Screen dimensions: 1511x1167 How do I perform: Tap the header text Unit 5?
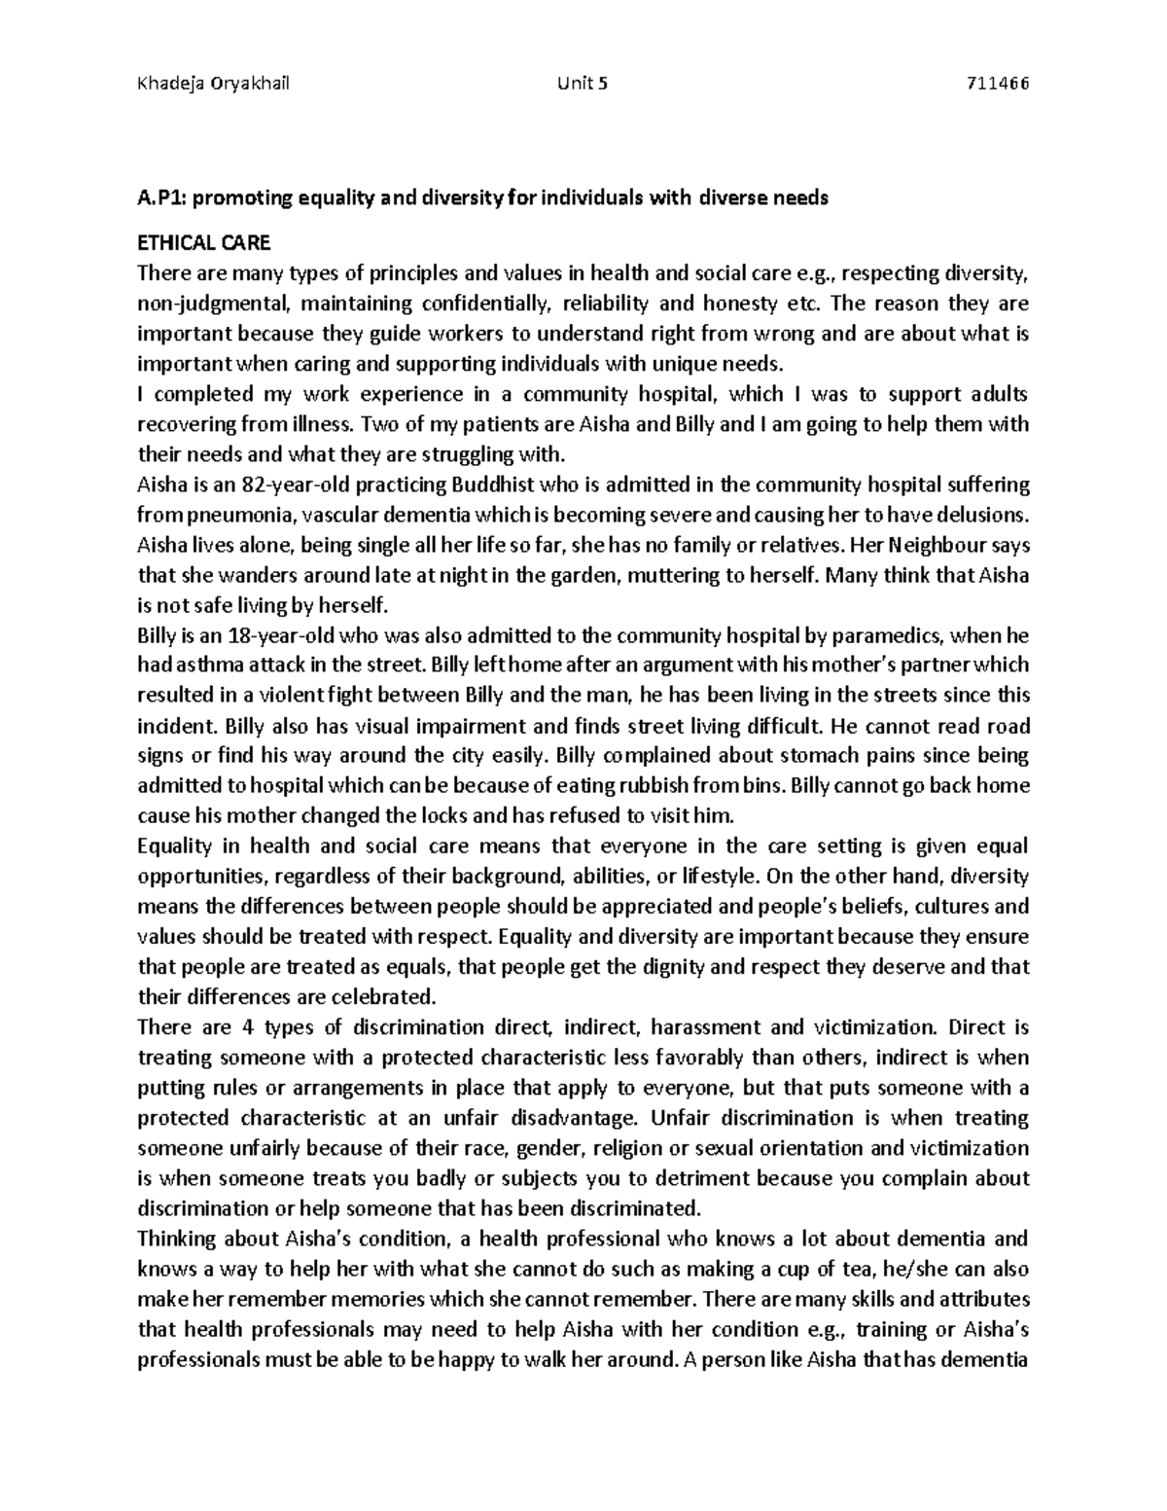coord(582,83)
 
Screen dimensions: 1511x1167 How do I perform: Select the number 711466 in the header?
coord(995,83)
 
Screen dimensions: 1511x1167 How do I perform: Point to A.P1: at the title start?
coord(159,198)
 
